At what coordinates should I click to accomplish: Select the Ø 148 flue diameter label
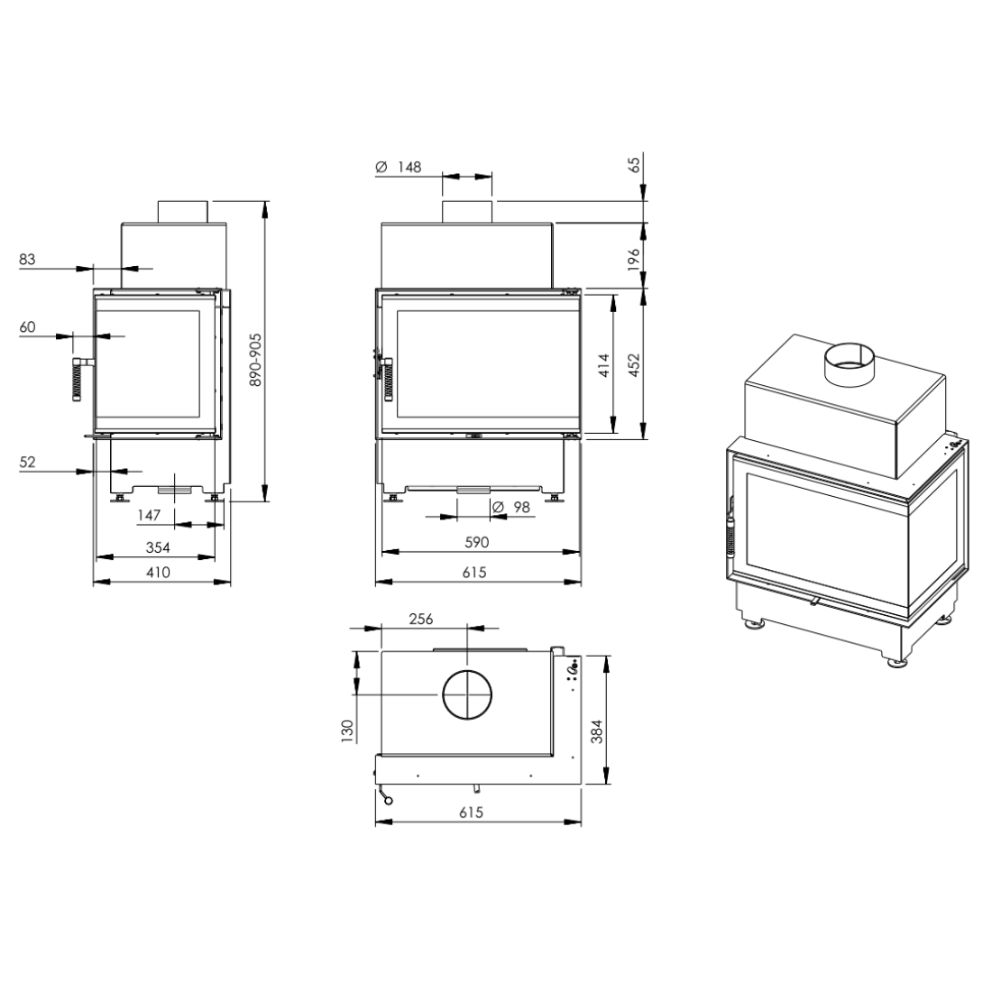398,167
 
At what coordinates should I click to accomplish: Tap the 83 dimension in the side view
27,259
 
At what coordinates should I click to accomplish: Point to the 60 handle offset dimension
27,327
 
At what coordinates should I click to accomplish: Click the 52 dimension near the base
27,462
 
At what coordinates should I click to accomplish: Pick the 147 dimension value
149,515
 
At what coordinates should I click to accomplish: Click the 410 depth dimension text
158,572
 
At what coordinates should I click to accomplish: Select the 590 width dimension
476,542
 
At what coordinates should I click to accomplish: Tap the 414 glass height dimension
604,365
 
